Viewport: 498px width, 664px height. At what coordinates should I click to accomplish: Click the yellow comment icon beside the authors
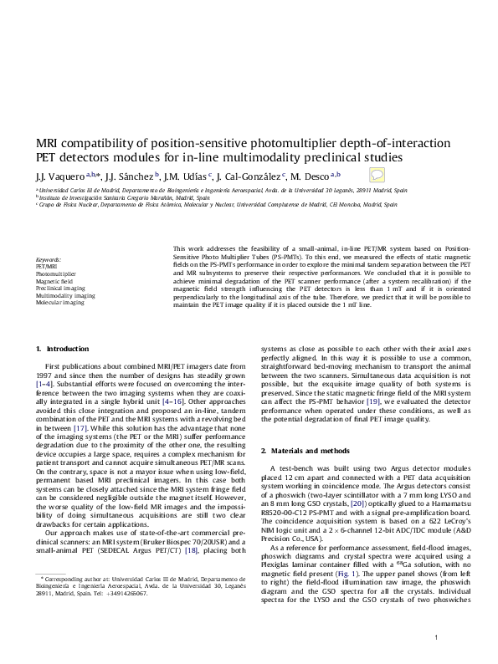(x=377, y=176)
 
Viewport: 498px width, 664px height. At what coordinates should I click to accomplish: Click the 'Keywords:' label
(x=49, y=260)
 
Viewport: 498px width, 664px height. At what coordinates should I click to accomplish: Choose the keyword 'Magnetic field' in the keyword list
(x=54, y=281)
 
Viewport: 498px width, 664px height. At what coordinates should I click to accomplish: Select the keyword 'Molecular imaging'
(x=59, y=303)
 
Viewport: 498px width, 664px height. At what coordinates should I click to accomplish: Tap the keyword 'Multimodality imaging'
(x=65, y=295)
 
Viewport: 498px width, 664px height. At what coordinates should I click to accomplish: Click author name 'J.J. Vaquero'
(x=60, y=176)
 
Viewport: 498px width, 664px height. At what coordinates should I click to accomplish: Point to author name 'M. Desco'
(x=314, y=176)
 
